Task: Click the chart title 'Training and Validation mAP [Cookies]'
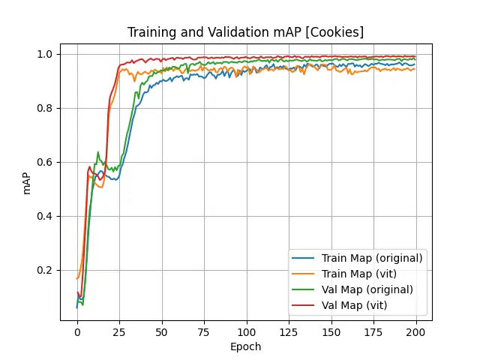tap(245, 32)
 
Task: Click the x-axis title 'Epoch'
tap(245, 346)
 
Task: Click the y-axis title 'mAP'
tap(27, 182)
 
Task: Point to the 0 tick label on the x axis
tap(76, 331)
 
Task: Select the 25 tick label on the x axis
tap(119, 331)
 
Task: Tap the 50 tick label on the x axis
tap(161, 331)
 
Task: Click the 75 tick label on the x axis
tap(204, 331)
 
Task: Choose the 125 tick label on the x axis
tap(289, 331)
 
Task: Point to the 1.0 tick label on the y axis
tap(46, 54)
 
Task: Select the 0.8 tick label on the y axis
tap(46, 108)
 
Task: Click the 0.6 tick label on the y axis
tap(46, 162)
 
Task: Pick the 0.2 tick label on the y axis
tap(46, 270)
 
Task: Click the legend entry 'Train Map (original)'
tap(372, 258)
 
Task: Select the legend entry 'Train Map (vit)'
tap(361, 274)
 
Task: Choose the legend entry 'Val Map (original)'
tap(367, 289)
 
